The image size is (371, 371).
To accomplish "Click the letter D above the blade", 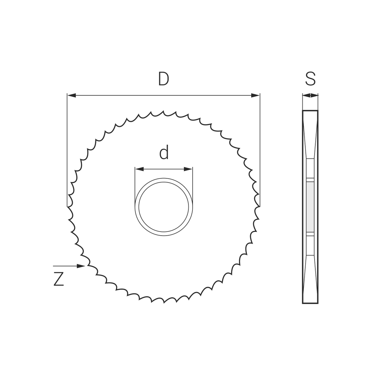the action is (x=164, y=79).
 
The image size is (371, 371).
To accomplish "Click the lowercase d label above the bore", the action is (x=164, y=152).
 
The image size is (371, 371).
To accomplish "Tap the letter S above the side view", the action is (x=310, y=79).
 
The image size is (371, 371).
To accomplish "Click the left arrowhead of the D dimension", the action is (x=72, y=95).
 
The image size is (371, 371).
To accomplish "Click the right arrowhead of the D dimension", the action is (x=255, y=95).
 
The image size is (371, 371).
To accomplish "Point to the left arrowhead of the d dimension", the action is (x=139, y=169).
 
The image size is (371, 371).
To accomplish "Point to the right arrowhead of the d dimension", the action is (x=188, y=169).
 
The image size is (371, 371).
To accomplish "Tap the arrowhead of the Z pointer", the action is (x=81, y=266).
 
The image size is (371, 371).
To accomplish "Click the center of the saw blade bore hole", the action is (x=164, y=207).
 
